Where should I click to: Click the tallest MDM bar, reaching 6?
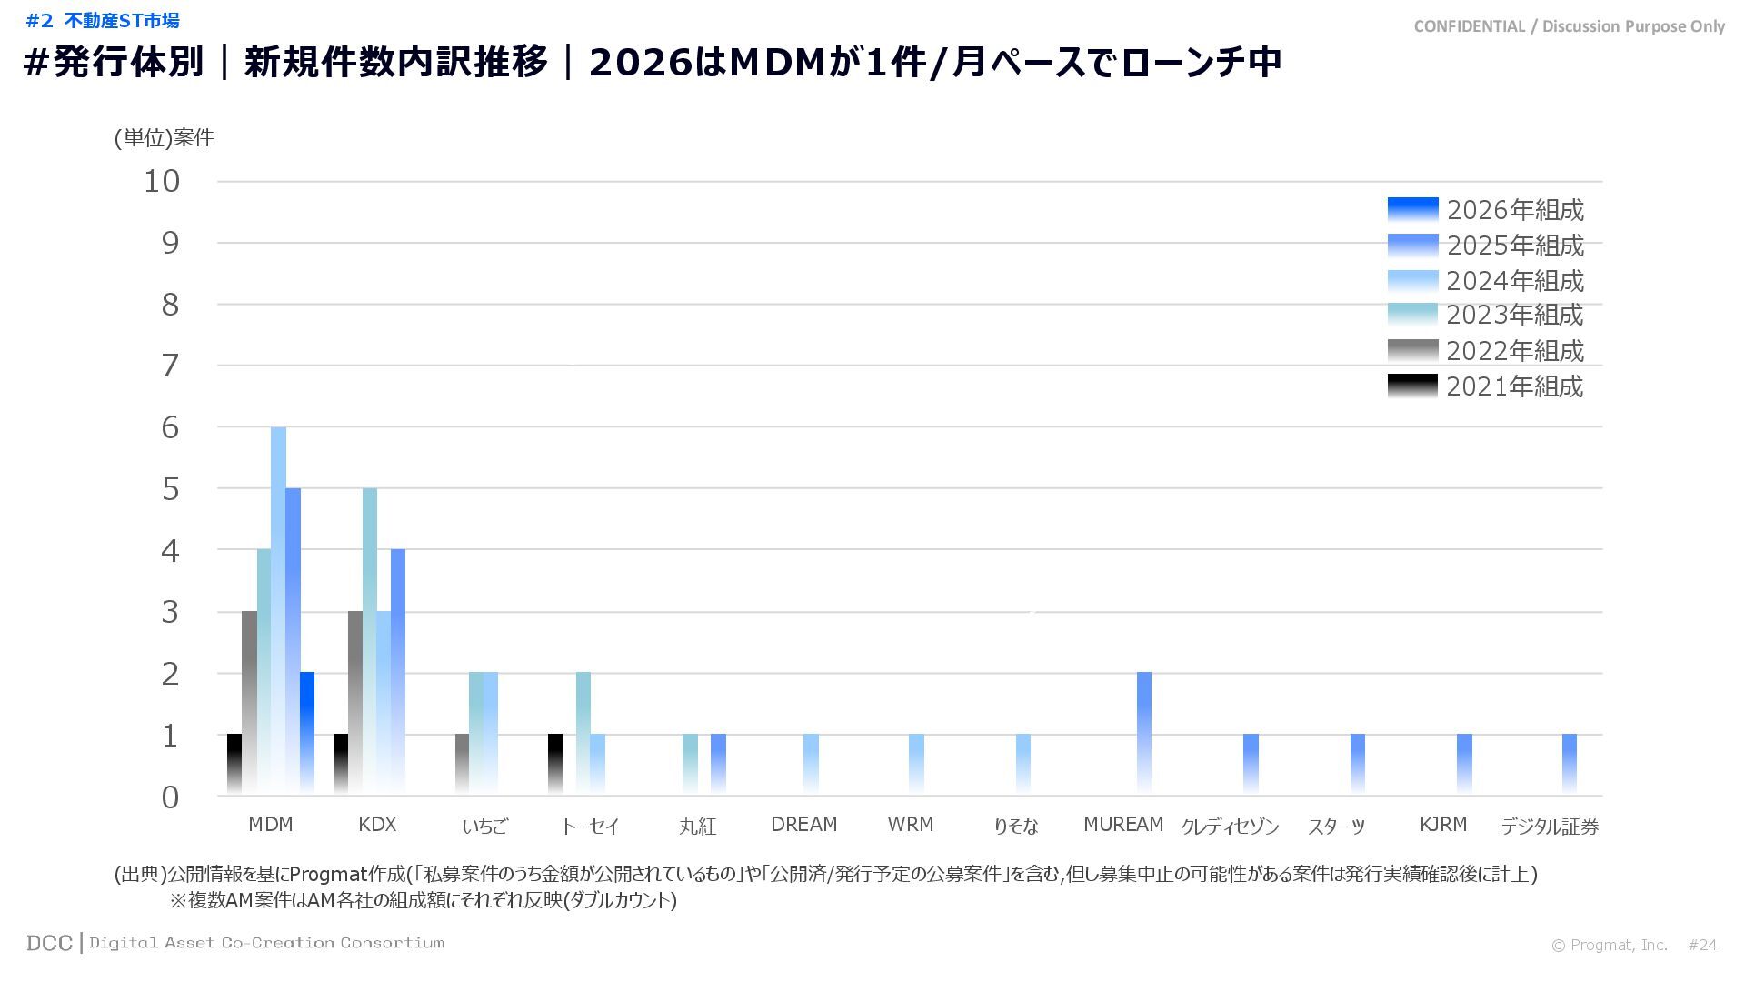click(278, 609)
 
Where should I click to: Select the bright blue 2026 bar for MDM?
click(307, 732)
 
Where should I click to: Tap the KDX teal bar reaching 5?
click(370, 640)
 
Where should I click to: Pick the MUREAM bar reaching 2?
click(1144, 732)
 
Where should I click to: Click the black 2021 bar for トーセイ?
click(555, 763)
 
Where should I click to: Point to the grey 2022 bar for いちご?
click(462, 763)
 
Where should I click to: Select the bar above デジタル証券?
click(1570, 763)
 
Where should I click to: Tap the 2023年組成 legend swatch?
click(1412, 315)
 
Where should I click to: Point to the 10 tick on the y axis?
click(163, 181)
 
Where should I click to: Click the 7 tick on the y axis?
click(170, 366)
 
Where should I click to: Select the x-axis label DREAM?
click(803, 825)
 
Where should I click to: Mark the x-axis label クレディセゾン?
click(1230, 827)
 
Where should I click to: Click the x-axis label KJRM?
click(1443, 825)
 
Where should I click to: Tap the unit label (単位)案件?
click(164, 137)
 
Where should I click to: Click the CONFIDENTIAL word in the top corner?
click(1469, 26)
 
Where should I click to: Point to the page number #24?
click(1702, 946)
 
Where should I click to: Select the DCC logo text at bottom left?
click(49, 943)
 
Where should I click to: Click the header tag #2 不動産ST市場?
click(103, 21)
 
